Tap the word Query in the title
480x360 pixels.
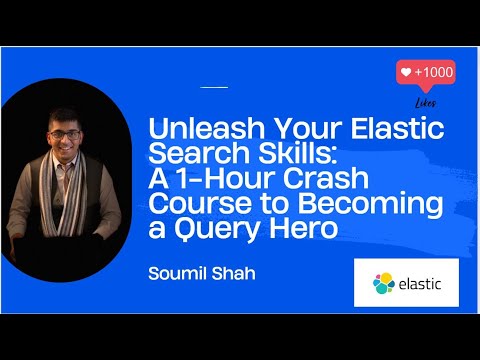tap(211, 230)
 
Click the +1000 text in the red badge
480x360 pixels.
tap(433, 73)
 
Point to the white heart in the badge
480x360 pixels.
tap(405, 73)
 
